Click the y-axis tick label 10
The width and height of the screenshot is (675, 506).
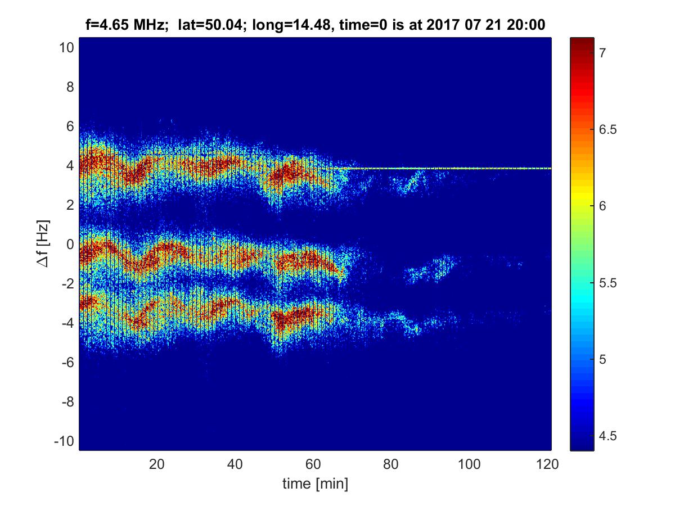[x=66, y=48]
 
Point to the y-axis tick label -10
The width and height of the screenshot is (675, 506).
[x=64, y=441]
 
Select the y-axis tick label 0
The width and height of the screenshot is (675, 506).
[x=69, y=244]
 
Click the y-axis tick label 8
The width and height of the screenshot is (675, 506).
[x=69, y=87]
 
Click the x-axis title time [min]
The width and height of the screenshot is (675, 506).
[x=314, y=484]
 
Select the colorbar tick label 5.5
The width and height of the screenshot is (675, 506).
[x=606, y=283]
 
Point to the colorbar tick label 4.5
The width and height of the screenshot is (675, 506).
[x=606, y=436]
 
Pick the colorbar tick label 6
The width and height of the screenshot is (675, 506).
[x=601, y=206]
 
